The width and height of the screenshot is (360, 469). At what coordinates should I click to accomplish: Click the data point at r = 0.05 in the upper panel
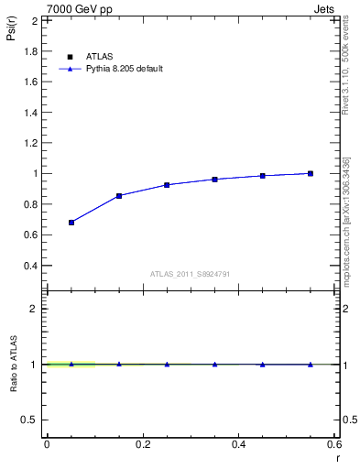click(x=71, y=223)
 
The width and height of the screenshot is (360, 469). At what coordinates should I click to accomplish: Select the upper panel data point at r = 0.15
click(x=119, y=196)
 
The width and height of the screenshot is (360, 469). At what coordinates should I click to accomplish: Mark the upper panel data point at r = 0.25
click(x=167, y=185)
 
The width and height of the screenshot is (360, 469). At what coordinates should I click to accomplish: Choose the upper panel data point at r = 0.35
click(x=214, y=180)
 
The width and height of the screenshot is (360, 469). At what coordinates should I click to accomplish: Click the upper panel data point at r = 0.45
click(x=263, y=176)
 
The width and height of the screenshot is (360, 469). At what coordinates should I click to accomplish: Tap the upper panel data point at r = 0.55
click(x=311, y=173)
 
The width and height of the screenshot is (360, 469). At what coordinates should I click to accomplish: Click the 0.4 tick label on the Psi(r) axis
click(x=31, y=266)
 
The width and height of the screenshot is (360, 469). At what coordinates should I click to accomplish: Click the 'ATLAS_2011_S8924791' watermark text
click(x=191, y=274)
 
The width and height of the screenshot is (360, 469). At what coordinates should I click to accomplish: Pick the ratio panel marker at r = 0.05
click(x=71, y=365)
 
